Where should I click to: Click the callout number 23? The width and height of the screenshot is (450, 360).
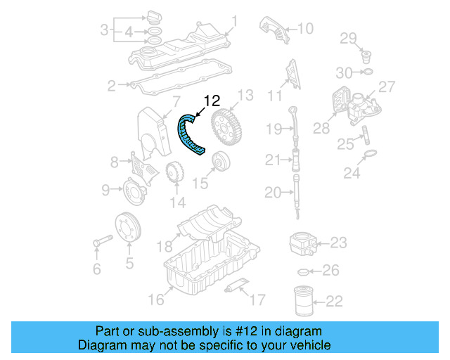(x=339, y=243)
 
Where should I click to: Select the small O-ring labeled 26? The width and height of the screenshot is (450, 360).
(x=304, y=271)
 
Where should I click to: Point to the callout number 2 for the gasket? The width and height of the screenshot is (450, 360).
(x=111, y=86)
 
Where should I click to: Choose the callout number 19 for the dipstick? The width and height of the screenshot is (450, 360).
(x=274, y=128)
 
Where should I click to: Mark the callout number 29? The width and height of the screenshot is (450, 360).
(x=349, y=37)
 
